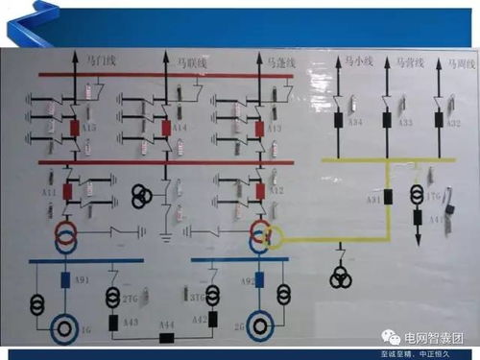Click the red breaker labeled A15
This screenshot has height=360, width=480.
tap(74, 126)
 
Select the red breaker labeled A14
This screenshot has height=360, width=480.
tap(167, 126)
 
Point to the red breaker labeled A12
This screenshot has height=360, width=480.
tap(259, 189)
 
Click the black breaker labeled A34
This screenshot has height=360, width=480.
tap(339, 122)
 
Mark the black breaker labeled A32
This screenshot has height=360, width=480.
tap(437, 122)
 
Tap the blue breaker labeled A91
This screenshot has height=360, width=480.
tap(66, 280)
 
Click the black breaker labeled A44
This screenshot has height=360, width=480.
tap(168, 338)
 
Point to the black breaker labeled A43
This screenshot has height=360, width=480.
tap(115, 322)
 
